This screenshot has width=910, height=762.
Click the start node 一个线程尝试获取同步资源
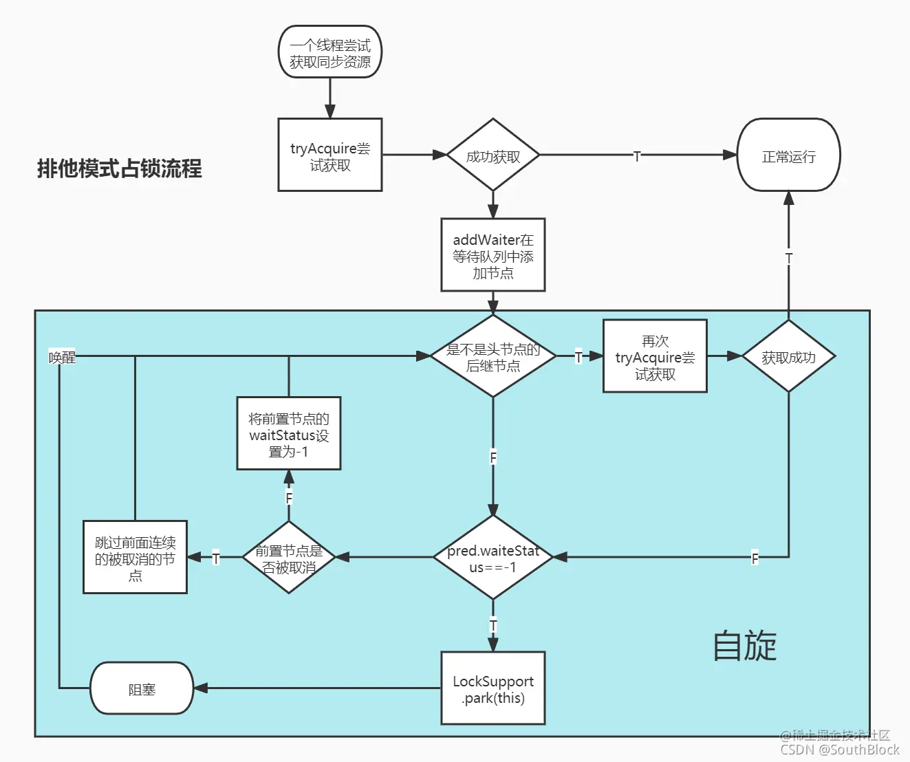coord(329,52)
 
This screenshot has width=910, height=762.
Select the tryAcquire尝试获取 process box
coord(329,155)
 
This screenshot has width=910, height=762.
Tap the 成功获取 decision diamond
coord(492,155)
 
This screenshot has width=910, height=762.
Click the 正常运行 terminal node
coord(788,155)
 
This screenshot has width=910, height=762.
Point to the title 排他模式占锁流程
coord(119,168)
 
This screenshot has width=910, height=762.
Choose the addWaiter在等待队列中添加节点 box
coord(492,255)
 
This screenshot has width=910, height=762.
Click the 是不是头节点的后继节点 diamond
coord(492,356)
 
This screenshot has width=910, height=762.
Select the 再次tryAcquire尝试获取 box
coord(655,356)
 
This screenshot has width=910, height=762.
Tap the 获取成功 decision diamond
coord(788,356)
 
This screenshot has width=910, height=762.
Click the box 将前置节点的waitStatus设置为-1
coord(288,433)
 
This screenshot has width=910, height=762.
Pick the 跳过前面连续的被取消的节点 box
coord(135,557)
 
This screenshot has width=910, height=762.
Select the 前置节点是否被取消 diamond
coord(288,557)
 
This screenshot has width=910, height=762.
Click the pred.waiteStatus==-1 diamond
coord(492,558)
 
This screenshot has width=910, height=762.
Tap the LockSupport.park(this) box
coord(492,688)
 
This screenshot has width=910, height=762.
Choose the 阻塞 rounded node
coord(142,688)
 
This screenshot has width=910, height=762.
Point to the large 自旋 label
coord(744,646)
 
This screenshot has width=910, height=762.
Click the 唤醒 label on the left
coord(62,357)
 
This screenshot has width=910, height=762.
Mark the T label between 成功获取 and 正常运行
coord(637,156)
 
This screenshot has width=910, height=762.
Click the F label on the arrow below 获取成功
coord(755,558)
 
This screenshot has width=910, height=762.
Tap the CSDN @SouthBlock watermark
coord(839,750)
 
